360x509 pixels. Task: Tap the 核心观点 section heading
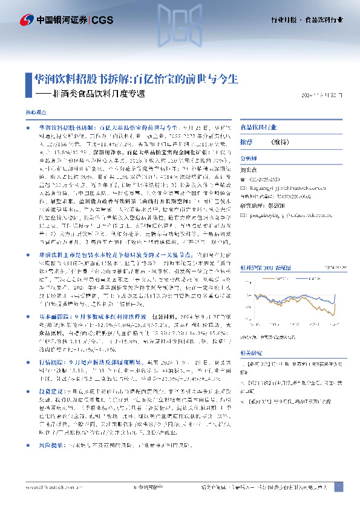click(x=35, y=113)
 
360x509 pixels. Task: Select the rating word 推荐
click(x=246, y=141)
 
